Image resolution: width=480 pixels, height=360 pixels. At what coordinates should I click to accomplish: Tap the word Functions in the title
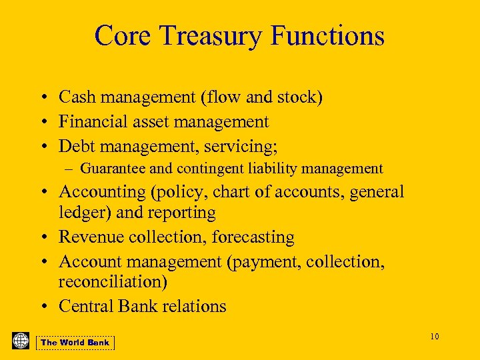pos(331,35)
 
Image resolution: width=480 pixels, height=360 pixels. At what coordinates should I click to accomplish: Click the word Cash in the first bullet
pos(75,97)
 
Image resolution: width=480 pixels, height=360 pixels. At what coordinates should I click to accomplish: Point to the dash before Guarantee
pos(72,169)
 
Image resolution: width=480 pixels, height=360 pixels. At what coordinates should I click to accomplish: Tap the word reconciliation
pos(113,283)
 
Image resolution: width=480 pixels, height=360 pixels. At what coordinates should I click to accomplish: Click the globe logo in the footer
pos(21,341)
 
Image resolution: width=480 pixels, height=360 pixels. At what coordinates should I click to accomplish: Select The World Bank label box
pos(75,343)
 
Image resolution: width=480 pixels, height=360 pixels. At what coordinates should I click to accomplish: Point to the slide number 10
pos(434,336)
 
